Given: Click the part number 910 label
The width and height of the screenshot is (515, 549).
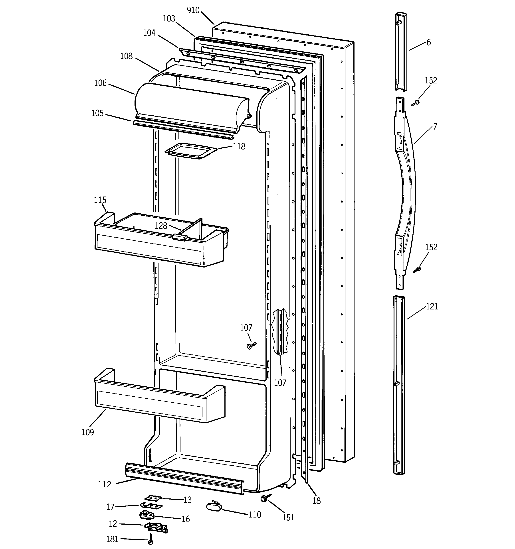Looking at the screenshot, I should tap(193, 10).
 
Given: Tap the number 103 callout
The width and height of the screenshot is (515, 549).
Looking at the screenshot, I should tap(169, 18).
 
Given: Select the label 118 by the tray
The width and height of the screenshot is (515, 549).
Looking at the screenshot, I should tap(239, 146).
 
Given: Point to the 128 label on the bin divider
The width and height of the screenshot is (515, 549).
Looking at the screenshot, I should tap(161, 226).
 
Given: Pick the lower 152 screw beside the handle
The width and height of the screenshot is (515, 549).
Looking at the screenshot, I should tap(417, 269).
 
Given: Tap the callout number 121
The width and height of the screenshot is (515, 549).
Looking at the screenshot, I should tap(432, 307).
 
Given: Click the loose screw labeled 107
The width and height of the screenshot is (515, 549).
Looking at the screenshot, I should tap(251, 345).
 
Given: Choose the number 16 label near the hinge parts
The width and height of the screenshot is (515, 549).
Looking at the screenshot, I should tap(186, 519).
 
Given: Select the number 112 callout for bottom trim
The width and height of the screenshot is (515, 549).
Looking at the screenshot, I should tap(105, 484).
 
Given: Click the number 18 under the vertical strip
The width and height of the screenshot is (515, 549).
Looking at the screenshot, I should tap(317, 501).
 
